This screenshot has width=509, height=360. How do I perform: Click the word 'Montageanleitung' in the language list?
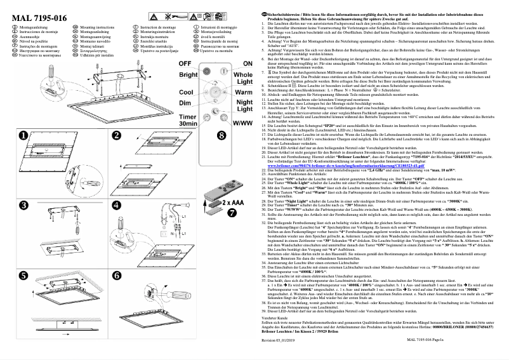pos(35,29)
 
